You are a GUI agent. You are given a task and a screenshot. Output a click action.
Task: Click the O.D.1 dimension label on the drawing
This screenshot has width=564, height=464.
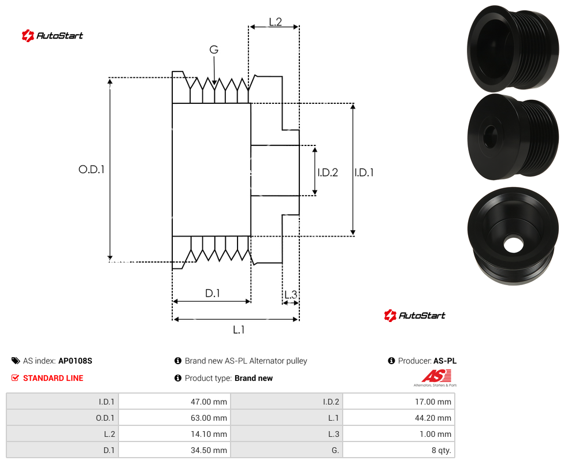[91, 169]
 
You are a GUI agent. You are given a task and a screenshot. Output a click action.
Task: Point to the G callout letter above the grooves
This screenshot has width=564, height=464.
[214, 50]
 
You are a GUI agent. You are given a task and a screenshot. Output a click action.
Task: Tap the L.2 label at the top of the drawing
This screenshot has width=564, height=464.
[275, 22]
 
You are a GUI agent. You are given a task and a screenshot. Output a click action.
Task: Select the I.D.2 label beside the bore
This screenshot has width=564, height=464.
[328, 173]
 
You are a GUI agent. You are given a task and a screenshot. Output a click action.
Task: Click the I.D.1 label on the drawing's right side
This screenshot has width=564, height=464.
[364, 173]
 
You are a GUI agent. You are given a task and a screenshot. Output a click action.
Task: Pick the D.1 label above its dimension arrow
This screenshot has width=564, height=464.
[213, 293]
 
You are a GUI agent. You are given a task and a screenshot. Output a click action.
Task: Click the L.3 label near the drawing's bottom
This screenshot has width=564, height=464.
[291, 294]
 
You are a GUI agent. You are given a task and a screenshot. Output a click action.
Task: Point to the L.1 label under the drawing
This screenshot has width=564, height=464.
[239, 330]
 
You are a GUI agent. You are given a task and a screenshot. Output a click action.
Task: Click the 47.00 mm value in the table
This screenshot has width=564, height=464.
[209, 402]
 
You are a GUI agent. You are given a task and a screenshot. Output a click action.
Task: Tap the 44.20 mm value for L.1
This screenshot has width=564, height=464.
[433, 418]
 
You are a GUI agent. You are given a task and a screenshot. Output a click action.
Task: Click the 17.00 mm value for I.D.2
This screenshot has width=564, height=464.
[433, 402]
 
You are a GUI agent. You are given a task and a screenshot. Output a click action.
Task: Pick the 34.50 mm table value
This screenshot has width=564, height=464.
[209, 450]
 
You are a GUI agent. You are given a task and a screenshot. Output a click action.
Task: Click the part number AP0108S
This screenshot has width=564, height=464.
[75, 361]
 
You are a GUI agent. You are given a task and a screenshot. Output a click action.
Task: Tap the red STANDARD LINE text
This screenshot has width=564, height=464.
[53, 378]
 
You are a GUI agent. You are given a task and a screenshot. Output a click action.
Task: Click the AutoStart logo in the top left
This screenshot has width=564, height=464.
[53, 36]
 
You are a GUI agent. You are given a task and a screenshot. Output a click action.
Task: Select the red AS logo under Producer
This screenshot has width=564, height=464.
[436, 378]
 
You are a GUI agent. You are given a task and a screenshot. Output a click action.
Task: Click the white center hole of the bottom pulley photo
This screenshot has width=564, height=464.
[513, 244]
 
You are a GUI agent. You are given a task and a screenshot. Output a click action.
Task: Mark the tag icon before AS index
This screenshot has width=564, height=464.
[16, 361]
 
